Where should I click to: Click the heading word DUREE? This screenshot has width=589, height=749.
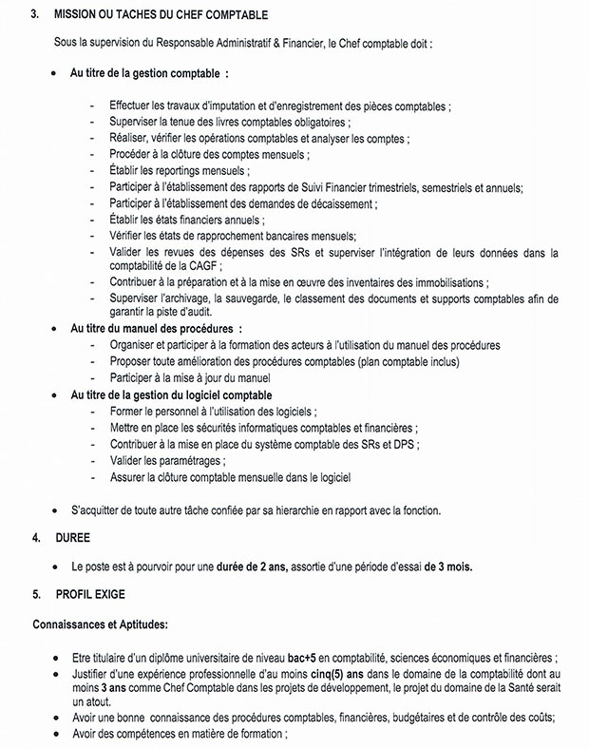72,537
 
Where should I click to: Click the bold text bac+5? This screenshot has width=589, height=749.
310,658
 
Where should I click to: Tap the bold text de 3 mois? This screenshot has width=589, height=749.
447,567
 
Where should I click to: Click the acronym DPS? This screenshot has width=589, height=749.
405,444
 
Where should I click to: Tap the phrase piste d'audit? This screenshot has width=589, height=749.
186,312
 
